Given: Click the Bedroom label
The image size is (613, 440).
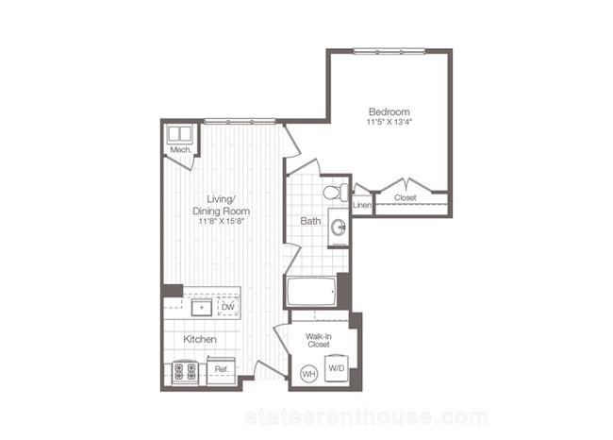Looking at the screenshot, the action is tap(389, 112).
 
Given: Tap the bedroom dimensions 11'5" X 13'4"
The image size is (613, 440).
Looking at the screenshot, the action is tap(389, 122).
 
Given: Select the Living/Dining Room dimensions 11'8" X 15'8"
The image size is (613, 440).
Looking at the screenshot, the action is tap(222, 221).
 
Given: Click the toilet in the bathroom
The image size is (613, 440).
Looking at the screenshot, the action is tap(336, 193).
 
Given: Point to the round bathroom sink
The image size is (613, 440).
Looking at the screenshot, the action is tap(339, 227).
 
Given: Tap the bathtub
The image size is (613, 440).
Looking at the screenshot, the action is tap(311, 292).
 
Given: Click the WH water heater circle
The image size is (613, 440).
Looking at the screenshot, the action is tap(308, 374).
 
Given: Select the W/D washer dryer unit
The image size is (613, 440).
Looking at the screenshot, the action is tap(337, 368).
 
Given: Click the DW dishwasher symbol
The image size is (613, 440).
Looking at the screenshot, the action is tap(228, 307).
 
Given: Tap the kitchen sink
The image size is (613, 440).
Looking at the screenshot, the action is tap(202, 307).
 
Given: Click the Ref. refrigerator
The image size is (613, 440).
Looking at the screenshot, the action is tap(222, 370).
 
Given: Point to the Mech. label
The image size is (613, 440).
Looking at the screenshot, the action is tap(181, 150).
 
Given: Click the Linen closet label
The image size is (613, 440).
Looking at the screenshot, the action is tap(362, 205).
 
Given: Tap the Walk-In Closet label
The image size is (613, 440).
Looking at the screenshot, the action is tap(319, 340).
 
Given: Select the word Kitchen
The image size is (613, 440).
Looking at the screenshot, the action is tap(200, 339).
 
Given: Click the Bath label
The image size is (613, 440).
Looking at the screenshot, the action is tap(310, 221).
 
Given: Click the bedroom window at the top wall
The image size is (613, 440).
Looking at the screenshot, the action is tap(389, 51).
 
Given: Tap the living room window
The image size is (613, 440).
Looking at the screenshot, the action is tap(240, 122).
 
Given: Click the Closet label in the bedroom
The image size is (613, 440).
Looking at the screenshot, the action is tap(405, 198).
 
